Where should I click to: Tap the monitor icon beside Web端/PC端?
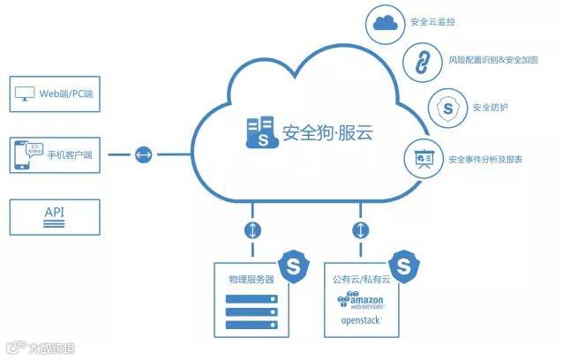25,94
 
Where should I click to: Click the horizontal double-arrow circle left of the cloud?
143,156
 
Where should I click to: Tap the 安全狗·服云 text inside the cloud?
327,133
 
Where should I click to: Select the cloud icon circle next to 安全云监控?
385,25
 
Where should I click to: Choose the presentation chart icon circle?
421,159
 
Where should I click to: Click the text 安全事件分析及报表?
485,160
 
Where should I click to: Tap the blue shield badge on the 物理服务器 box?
292,264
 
